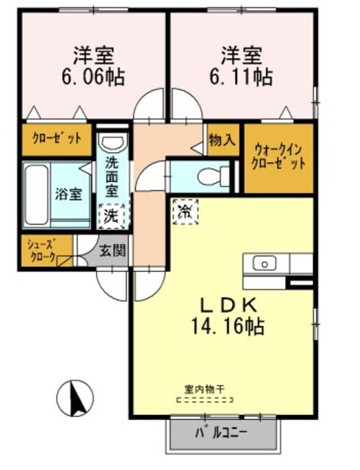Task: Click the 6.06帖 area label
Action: pyautogui.click(x=93, y=78)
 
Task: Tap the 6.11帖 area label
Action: pyautogui.click(x=241, y=78)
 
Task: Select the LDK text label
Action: pyautogui.click(x=228, y=305)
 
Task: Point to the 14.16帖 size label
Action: pyautogui.click(x=228, y=326)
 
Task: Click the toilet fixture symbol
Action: pyautogui.click(x=213, y=176)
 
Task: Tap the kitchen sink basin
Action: pyautogui.click(x=264, y=264)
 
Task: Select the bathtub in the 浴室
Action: pyautogui.click(x=37, y=194)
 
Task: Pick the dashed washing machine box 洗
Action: pyautogui.click(x=112, y=216)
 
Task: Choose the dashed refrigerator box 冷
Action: pyautogui.click(x=185, y=212)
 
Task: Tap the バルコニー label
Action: pyautogui.click(x=221, y=433)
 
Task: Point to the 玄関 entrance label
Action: pyautogui.click(x=112, y=250)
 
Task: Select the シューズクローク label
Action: pyautogui.click(x=42, y=250)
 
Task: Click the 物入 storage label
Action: pyautogui.click(x=222, y=140)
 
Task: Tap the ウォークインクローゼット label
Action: pyautogui.click(x=278, y=156)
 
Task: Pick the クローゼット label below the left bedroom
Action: pyautogui.click(x=57, y=139)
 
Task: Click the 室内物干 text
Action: pyautogui.click(x=204, y=389)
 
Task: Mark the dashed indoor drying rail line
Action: pyautogui.click(x=205, y=399)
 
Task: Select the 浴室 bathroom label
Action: pyautogui.click(x=68, y=194)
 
